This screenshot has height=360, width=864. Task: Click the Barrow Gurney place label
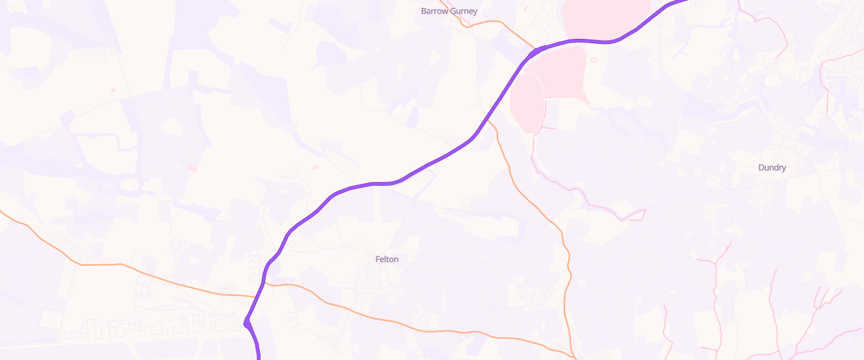click(x=449, y=12)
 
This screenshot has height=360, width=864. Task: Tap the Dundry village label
click(x=772, y=168)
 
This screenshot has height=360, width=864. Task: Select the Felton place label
click(x=387, y=259)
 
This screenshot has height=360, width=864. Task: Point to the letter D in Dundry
click(x=761, y=168)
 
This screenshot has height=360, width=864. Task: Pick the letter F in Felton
click(x=377, y=259)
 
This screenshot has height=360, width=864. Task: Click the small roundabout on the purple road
click(x=248, y=323)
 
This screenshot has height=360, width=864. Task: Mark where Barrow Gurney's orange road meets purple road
click(x=534, y=51)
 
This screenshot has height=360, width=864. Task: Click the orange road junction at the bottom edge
click(x=574, y=356)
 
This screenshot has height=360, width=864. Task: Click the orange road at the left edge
click(x=2, y=213)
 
